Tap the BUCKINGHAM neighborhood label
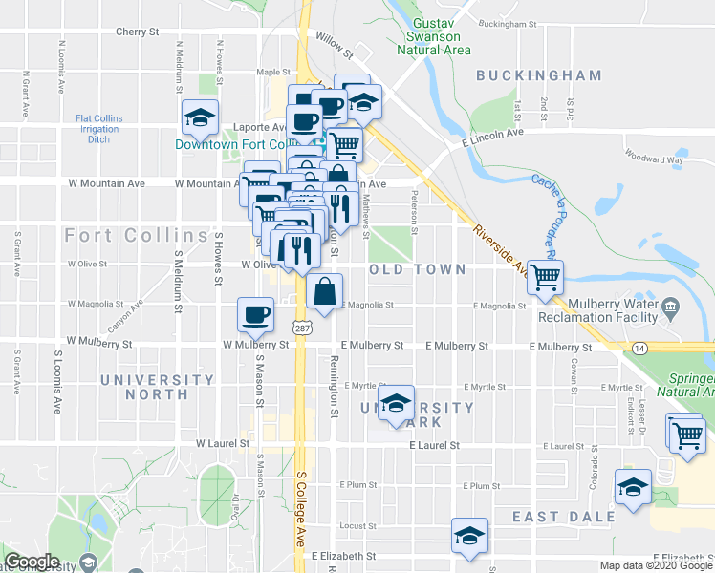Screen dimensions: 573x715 (539, 75)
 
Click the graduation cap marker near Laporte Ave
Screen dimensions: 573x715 (200, 119)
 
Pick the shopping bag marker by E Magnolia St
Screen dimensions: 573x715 (325, 292)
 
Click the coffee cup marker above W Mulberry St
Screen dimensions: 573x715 (255, 314)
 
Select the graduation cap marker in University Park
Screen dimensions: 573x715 (394, 404)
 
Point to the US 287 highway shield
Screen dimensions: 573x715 (302, 328)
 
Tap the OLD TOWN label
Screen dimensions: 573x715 (418, 270)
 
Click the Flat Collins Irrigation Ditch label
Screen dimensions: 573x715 (99, 129)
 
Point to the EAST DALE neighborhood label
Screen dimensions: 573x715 (563, 517)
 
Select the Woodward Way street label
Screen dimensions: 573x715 (654, 159)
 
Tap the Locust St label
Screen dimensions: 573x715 (358, 525)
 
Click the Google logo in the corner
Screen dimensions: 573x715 (31, 561)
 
